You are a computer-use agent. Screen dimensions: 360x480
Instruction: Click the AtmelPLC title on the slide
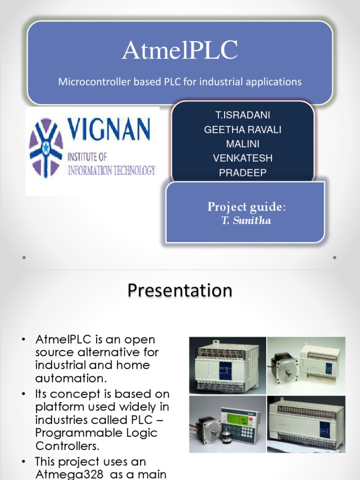point(180,50)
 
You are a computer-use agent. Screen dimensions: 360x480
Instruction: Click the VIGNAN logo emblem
point(46,148)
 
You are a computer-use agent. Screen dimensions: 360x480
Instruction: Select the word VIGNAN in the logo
point(109,129)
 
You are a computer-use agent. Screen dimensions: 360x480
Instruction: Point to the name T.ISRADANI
point(243,115)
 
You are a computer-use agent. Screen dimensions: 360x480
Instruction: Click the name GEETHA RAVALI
point(243,130)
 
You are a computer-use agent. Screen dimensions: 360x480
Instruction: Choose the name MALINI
point(243,144)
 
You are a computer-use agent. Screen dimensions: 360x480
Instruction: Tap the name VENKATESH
point(243,158)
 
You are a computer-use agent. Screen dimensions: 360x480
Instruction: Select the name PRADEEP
point(243,172)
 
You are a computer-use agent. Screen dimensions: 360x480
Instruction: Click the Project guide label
point(247,207)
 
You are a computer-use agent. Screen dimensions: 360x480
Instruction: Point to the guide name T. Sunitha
point(247,220)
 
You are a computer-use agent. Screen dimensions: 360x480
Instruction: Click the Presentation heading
point(180,290)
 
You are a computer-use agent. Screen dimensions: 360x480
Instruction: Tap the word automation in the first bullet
point(71,378)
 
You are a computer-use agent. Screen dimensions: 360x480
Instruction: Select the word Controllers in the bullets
point(67,446)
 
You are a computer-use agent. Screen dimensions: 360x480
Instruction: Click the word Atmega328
point(69,474)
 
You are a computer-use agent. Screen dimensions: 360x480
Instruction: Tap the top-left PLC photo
point(228,365)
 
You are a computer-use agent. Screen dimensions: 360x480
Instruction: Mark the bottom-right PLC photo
point(306,424)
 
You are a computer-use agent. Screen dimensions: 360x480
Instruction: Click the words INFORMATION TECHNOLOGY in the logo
point(112,170)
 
